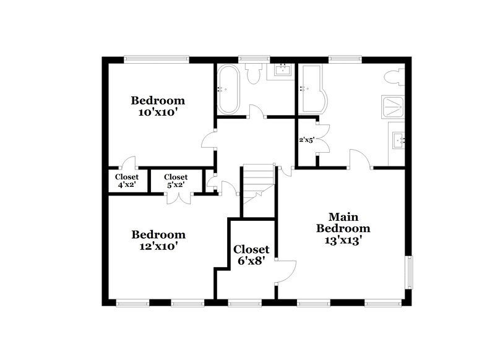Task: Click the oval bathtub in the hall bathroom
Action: (226, 89)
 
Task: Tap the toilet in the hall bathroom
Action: (252, 74)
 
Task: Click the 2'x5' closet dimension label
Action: (307, 140)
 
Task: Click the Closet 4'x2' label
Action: (126, 181)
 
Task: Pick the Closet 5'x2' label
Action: (176, 181)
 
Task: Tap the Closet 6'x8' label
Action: (251, 254)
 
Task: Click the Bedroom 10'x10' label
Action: (157, 106)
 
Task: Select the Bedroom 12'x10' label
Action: (158, 240)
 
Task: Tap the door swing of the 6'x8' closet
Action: (286, 270)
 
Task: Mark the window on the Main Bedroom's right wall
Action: (408, 271)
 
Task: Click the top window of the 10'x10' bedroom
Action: (156, 59)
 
